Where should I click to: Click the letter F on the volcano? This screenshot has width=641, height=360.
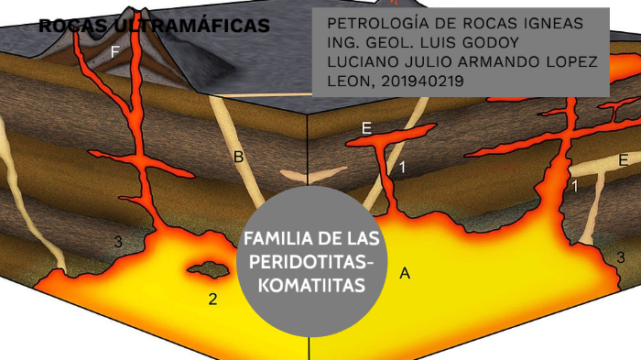(114, 52)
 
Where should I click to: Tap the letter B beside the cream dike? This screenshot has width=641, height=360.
(238, 158)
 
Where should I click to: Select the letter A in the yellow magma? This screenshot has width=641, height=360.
(405, 272)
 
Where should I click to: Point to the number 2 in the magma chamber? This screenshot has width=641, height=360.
(212, 299)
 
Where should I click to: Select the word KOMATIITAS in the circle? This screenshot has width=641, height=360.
(311, 285)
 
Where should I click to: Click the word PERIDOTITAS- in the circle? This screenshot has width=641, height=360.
(311, 262)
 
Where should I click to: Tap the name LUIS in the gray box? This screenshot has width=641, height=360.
(449, 42)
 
